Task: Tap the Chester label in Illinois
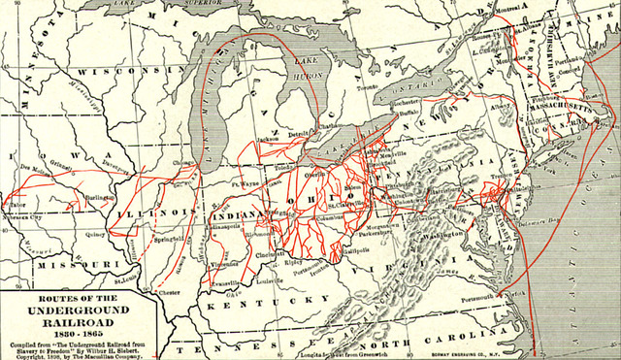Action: [x=171, y=291]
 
